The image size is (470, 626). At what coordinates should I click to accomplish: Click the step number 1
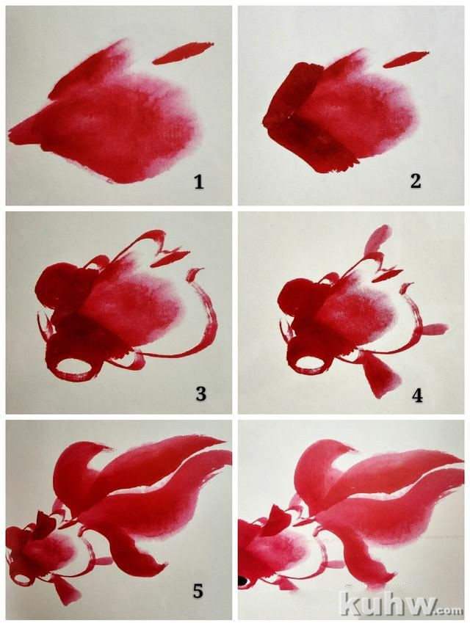pos(198,183)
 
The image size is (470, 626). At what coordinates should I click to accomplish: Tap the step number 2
pos(415,182)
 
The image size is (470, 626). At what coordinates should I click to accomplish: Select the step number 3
pos(200,394)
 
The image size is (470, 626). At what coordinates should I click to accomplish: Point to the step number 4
pos(417,396)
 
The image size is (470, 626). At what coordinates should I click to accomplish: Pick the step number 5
pos(198,592)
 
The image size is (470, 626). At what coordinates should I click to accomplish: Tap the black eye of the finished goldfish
pos(242,581)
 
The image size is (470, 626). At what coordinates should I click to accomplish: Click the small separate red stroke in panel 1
pos(183,53)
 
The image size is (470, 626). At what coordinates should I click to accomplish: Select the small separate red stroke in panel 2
pos(405,59)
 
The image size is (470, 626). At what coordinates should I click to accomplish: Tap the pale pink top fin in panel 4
pos(376,239)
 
